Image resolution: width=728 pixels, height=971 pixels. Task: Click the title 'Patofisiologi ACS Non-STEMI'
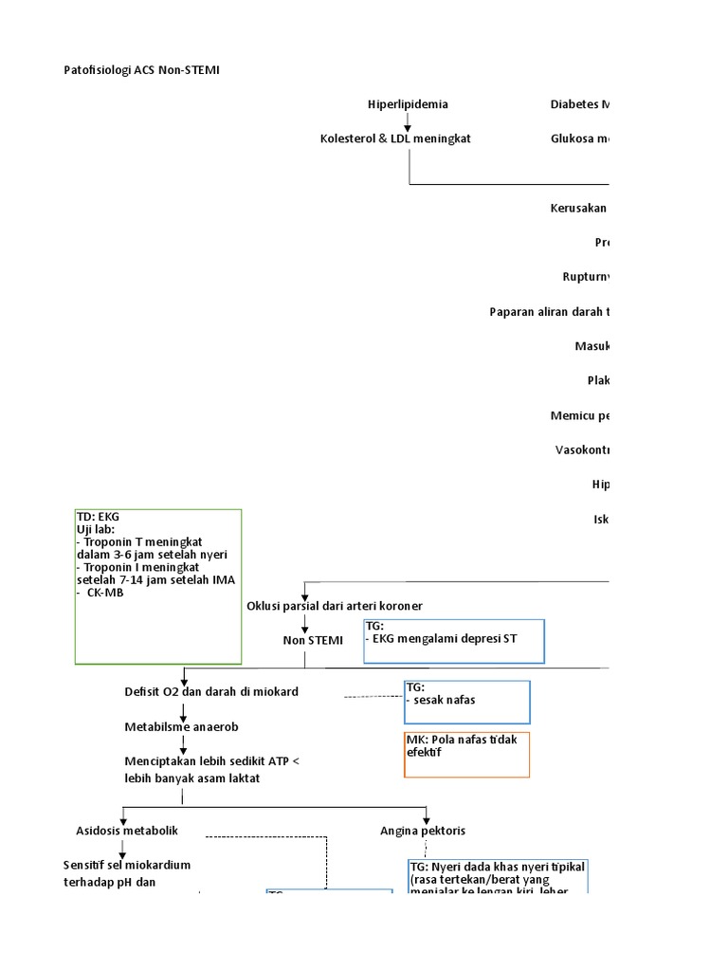(x=141, y=71)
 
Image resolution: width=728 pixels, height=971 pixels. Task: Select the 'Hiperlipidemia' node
(x=408, y=104)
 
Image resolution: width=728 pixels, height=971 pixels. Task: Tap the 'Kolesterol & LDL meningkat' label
(x=395, y=138)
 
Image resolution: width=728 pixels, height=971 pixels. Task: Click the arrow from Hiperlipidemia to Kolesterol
(x=408, y=121)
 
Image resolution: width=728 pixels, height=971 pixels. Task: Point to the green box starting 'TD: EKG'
(x=158, y=586)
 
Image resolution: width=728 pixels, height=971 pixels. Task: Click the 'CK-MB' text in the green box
(x=103, y=594)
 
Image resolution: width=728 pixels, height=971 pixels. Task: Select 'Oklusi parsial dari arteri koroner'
(x=335, y=606)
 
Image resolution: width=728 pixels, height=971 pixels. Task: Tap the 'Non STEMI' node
(x=313, y=641)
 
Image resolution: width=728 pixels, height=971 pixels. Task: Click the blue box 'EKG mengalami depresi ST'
(x=454, y=641)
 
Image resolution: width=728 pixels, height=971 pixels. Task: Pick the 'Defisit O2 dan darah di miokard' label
(x=211, y=692)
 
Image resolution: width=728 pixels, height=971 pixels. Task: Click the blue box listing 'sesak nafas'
(x=466, y=702)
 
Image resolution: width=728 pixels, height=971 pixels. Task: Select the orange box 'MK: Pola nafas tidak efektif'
(x=466, y=754)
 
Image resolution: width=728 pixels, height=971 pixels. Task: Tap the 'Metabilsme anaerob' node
(x=182, y=727)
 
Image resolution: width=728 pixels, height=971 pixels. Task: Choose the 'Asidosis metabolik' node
(x=127, y=831)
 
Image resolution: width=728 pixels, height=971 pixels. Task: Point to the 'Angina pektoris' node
(x=423, y=831)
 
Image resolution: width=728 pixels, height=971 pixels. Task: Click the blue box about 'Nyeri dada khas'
(x=498, y=877)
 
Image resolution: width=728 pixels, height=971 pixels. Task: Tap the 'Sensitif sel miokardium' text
(x=127, y=866)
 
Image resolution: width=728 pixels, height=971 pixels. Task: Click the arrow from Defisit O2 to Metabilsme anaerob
(x=183, y=709)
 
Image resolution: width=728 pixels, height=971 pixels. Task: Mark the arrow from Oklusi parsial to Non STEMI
(x=305, y=623)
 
